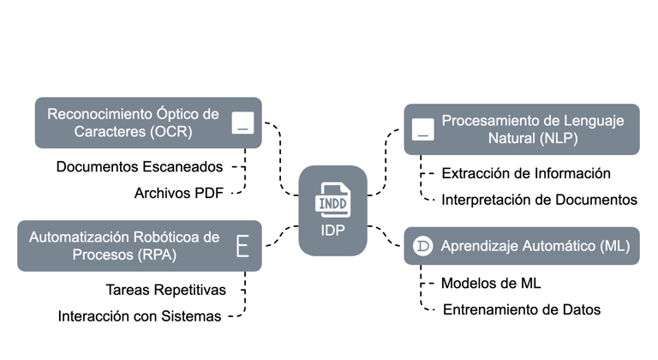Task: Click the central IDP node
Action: point(333,211)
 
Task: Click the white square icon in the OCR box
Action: point(243,123)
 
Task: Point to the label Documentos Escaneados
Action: point(140,165)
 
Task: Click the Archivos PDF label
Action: point(178,193)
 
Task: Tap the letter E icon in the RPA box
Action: point(242,246)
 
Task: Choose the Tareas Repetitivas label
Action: point(166,289)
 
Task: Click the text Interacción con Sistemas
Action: point(140,315)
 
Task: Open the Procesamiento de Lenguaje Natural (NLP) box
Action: point(523,129)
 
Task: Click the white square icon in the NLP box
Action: point(422,129)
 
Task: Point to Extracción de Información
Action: point(526,173)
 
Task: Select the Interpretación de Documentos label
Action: point(539,200)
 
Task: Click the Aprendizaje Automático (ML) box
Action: point(523,246)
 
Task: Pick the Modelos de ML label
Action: point(491,283)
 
